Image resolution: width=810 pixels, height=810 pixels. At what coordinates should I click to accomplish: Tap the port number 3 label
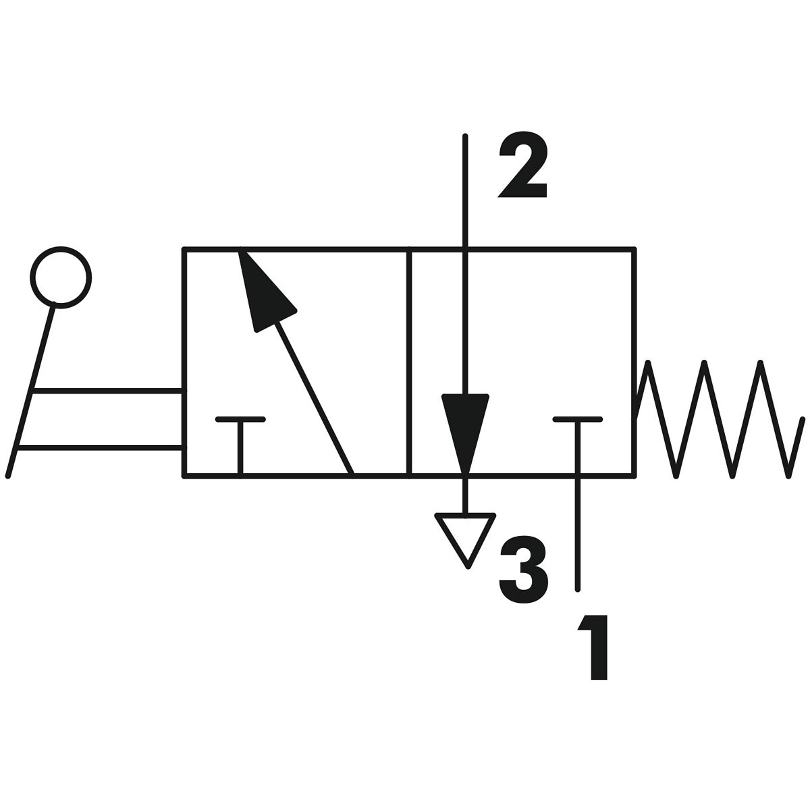tap(523, 571)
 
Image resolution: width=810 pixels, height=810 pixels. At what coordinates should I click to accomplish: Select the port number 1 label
tap(593, 647)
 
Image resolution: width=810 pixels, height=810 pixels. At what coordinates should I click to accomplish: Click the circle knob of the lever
tap(61, 276)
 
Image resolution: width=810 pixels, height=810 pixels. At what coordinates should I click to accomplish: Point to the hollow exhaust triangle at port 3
tap(466, 537)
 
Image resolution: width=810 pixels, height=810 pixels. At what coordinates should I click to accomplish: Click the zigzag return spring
tap(719, 418)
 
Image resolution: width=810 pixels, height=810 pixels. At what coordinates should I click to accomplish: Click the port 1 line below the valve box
tap(578, 533)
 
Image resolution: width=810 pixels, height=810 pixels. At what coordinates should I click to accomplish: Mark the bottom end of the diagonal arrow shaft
tap(351, 473)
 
